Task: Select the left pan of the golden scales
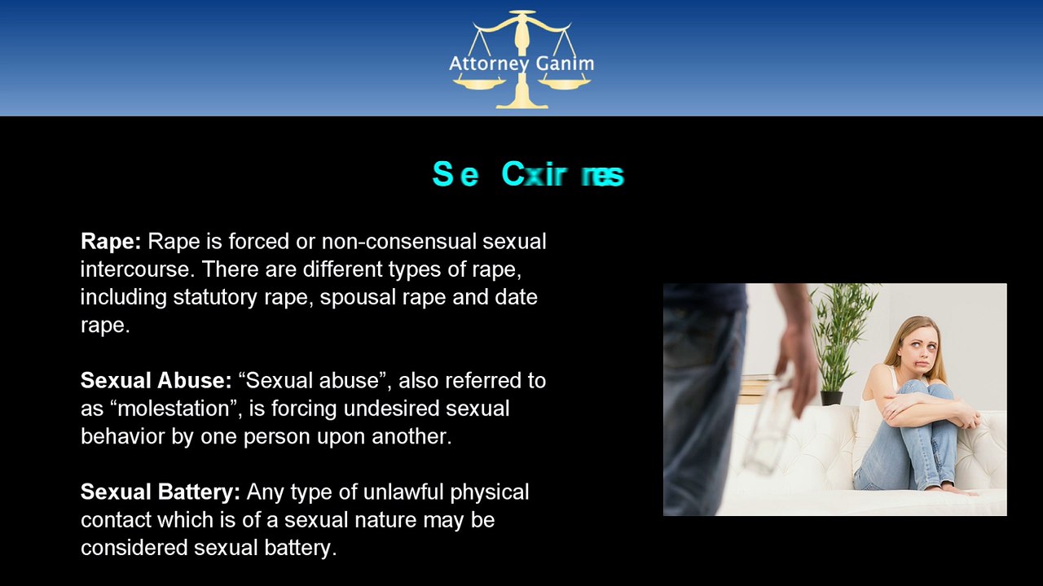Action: [479, 83]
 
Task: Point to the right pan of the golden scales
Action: [564, 83]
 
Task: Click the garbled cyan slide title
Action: [527, 174]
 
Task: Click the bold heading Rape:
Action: [111, 241]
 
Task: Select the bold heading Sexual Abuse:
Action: [156, 380]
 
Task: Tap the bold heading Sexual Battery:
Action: [160, 492]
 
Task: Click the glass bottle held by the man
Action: [769, 431]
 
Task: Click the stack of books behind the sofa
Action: [754, 388]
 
